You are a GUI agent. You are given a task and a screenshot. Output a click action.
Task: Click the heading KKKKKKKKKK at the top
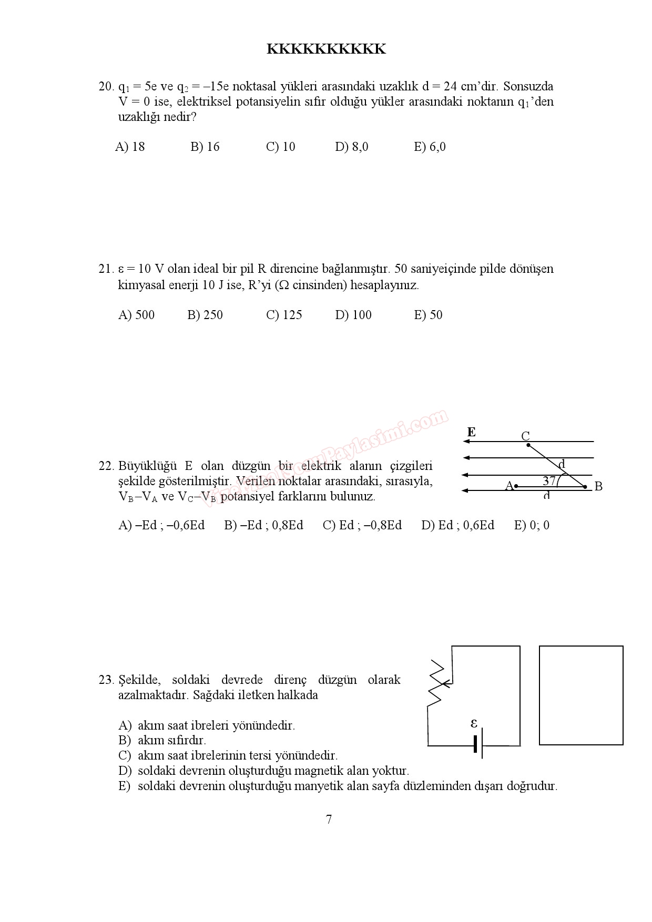[x=326, y=49]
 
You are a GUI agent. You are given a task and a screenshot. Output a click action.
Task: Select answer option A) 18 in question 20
[x=130, y=147]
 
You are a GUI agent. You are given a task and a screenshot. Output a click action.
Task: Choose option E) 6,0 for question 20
[x=430, y=147]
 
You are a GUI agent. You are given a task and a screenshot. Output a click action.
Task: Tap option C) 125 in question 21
[x=284, y=315]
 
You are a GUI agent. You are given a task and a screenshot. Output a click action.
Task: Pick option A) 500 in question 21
[x=137, y=315]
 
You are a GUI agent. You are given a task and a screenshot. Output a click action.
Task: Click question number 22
[x=106, y=466]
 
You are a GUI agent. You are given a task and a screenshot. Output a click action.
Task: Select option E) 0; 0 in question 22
[x=532, y=525]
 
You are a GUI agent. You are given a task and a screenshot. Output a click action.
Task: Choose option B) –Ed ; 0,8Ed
[x=263, y=525]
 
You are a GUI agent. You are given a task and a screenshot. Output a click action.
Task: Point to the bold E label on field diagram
[x=472, y=433]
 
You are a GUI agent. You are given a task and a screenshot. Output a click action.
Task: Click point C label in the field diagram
[x=525, y=436]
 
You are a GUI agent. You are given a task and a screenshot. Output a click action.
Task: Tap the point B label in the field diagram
[x=598, y=487]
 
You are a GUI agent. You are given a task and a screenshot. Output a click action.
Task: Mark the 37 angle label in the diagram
[x=549, y=480]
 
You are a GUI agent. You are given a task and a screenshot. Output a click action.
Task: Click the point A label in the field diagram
[x=508, y=486]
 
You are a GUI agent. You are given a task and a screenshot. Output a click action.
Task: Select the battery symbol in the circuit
[x=478, y=745]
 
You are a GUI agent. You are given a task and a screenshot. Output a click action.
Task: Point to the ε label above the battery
[x=474, y=724]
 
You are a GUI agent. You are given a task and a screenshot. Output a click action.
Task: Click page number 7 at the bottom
[x=329, y=819]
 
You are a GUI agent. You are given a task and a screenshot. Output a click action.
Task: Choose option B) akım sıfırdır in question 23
[x=162, y=740]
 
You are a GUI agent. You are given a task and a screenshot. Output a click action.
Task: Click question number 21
[x=106, y=269]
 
